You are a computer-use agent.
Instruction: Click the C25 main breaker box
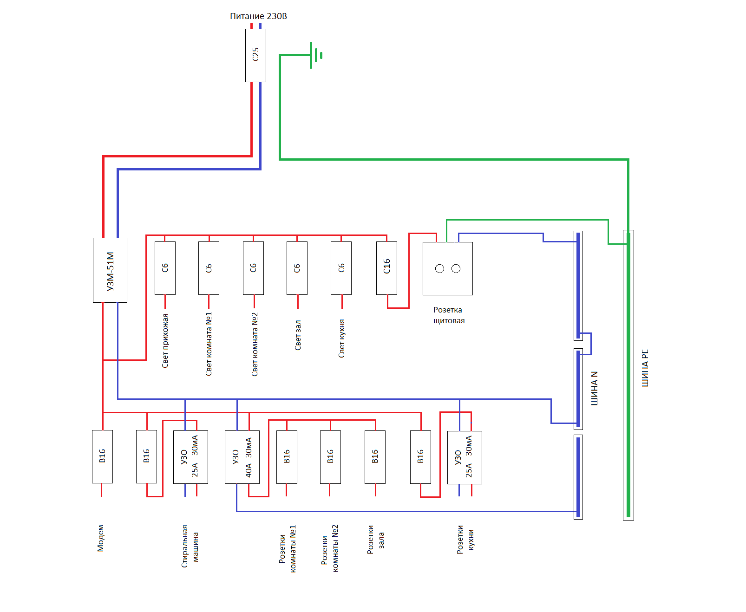click(255, 56)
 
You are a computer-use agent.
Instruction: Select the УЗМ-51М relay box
click(110, 270)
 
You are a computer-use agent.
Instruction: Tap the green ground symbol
click(316, 55)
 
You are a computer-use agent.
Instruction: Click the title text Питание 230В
click(258, 16)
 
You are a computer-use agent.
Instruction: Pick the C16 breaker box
click(386, 268)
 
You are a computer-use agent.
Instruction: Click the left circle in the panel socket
click(439, 269)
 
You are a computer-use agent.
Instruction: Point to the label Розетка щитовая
click(449, 315)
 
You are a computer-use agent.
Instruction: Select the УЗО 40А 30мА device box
click(242, 457)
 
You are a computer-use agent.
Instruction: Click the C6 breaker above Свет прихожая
click(165, 268)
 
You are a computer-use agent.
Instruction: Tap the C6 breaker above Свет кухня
click(341, 268)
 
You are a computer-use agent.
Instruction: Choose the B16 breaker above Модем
click(102, 456)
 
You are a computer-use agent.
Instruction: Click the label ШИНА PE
click(645, 368)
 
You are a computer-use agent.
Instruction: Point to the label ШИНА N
click(594, 388)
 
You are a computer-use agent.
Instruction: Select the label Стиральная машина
click(190, 546)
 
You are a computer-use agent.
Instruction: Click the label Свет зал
click(298, 335)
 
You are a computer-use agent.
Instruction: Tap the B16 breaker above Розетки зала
click(375, 457)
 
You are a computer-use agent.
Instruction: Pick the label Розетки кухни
click(465, 540)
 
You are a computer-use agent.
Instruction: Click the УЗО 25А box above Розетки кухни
click(465, 457)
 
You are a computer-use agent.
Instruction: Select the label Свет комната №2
click(255, 344)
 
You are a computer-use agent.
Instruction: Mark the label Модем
click(101, 538)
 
